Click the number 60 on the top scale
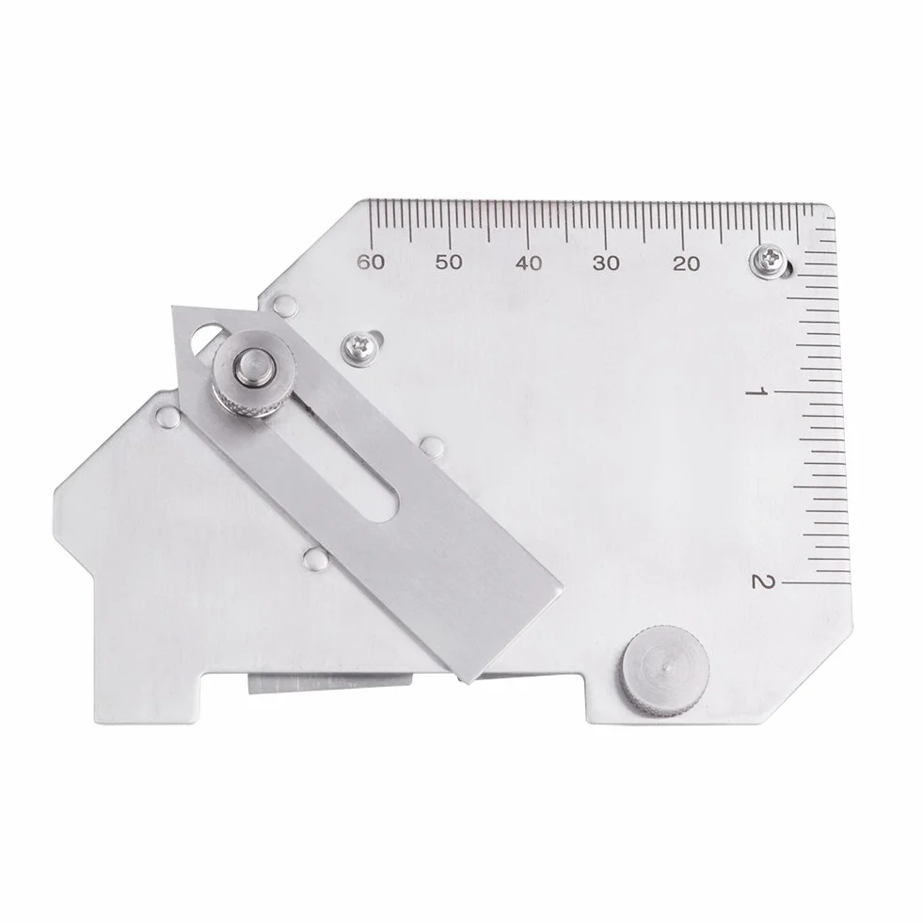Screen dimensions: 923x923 371,262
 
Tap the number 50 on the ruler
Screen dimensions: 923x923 449,263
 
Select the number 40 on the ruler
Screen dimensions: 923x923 528,263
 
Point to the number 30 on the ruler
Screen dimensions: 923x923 606,263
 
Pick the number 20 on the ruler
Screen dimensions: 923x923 686,263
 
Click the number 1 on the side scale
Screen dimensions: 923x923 755,392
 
